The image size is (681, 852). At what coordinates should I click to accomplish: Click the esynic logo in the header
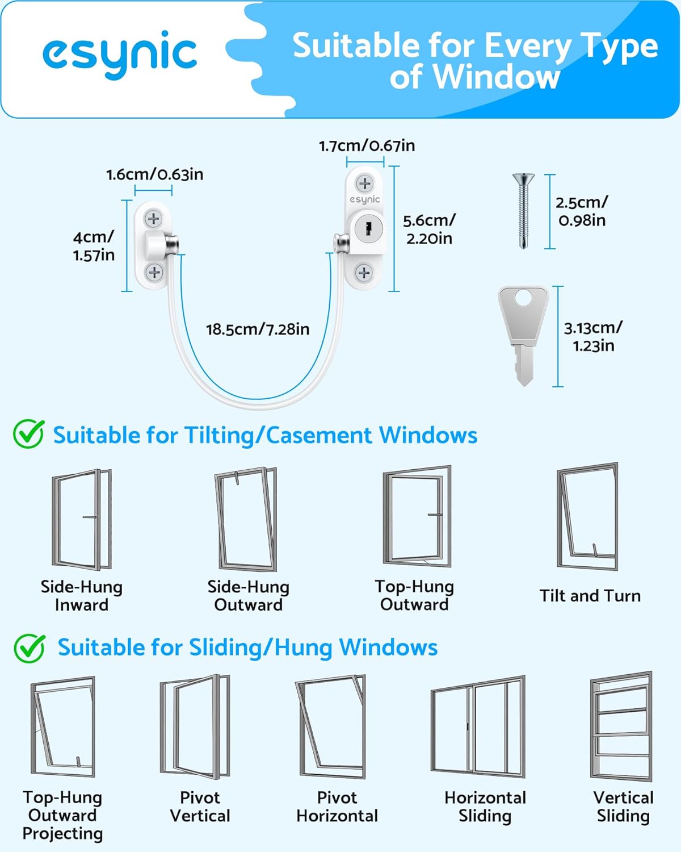click(x=120, y=54)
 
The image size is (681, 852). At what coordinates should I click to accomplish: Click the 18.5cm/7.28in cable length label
click(x=258, y=329)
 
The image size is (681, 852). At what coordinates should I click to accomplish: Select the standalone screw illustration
click(x=522, y=211)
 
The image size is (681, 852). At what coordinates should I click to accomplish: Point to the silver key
click(x=523, y=335)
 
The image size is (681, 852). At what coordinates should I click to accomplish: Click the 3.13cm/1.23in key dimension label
click(x=592, y=337)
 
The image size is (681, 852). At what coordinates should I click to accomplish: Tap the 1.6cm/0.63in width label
click(x=154, y=174)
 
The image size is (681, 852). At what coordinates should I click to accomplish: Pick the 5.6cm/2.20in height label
click(x=429, y=229)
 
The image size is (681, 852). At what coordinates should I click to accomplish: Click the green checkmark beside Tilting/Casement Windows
click(x=28, y=435)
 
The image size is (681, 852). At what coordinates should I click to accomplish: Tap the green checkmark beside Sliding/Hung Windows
click(x=29, y=648)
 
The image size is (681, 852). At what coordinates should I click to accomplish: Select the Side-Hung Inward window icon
click(x=82, y=519)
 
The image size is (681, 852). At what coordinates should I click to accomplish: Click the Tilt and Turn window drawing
click(x=587, y=517)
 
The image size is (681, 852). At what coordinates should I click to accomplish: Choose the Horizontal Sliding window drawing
click(x=478, y=727)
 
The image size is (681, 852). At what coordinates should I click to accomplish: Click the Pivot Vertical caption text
click(x=200, y=807)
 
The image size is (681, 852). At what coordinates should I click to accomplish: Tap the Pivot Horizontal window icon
click(x=331, y=727)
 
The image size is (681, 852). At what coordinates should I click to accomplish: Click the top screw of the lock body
click(x=364, y=183)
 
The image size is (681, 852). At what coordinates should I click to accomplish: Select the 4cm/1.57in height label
click(x=94, y=246)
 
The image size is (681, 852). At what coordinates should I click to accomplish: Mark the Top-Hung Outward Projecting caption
click(x=62, y=816)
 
